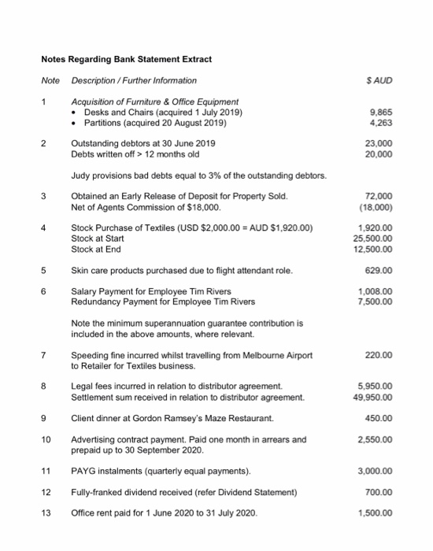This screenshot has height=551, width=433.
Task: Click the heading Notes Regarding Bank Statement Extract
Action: (127, 60)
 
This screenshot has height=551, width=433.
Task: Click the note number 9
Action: (46, 418)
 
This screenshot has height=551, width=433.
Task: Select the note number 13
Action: (46, 513)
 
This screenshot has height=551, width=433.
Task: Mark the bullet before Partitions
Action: (76, 123)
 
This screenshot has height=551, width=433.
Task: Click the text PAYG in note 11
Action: (83, 471)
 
